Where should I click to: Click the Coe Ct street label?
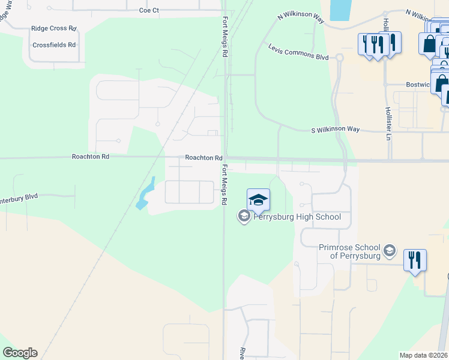(149, 10)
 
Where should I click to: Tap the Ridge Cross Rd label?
(54, 28)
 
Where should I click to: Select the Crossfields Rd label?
(54, 45)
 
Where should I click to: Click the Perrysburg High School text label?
(297, 217)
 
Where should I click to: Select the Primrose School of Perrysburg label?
(349, 251)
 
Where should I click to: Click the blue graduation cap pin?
(258, 200)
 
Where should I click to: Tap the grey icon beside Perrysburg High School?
(244, 216)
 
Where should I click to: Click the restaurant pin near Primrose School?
(415, 260)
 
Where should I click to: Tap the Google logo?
(20, 353)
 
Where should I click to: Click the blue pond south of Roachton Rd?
(145, 194)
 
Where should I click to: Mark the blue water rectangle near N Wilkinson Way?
(340, 10)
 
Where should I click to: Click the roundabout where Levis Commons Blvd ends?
(339, 58)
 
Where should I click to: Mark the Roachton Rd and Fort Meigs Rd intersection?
(224, 159)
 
